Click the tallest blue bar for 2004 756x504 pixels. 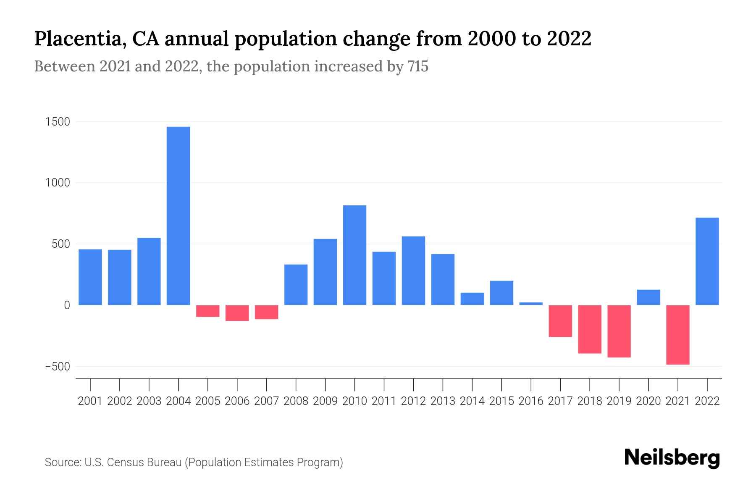(178, 215)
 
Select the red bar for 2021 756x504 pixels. (678, 335)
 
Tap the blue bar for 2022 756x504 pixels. (707, 261)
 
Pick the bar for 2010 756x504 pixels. (354, 255)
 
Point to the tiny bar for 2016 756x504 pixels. (531, 303)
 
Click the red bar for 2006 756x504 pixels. (237, 313)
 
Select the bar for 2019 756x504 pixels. (619, 331)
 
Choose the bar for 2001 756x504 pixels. (90, 277)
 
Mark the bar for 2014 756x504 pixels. (472, 299)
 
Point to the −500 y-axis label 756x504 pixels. (58, 366)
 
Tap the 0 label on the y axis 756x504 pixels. (67, 305)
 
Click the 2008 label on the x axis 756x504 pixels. (296, 401)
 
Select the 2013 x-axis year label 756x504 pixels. (443, 401)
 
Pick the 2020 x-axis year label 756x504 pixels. (648, 401)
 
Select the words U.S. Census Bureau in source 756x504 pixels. (133, 462)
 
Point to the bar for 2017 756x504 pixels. (560, 321)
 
